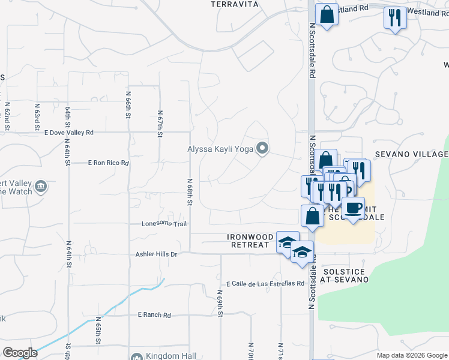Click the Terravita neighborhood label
point(235,4)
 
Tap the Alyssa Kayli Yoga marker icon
point(262,148)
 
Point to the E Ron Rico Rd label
point(109,163)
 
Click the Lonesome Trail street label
point(164,224)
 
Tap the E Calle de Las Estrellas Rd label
point(265,283)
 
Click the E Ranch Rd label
point(154,314)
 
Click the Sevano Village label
point(412,154)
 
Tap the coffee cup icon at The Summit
point(353,208)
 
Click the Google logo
point(20,353)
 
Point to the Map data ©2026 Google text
point(411,355)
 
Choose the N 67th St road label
point(160,123)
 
